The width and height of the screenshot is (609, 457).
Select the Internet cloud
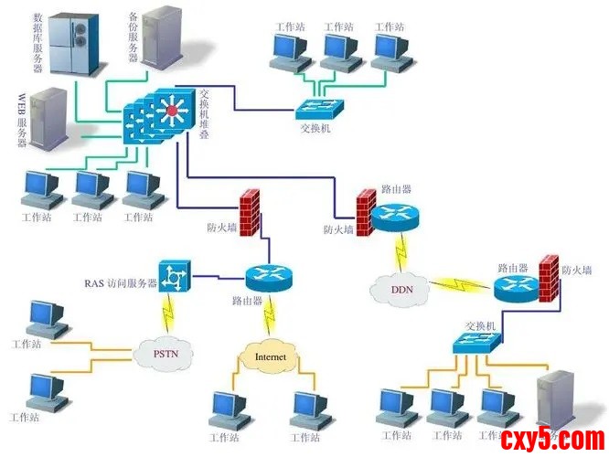click(x=270, y=356)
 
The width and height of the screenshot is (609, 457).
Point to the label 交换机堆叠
click(x=204, y=114)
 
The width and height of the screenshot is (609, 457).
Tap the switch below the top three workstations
click(x=319, y=108)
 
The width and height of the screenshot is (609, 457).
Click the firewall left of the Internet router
click(x=246, y=211)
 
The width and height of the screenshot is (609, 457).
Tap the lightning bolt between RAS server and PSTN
click(x=166, y=314)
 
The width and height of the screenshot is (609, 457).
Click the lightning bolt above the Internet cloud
click(x=269, y=315)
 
